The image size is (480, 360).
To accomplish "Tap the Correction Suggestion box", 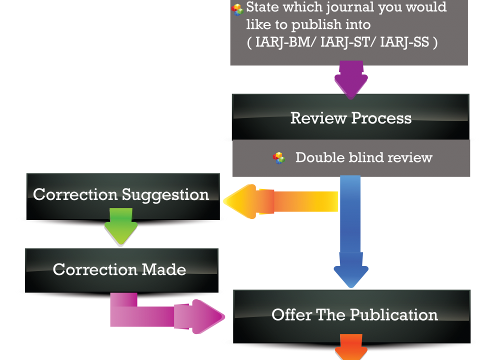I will pos(122,195).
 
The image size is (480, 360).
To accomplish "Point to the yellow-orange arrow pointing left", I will pos(280,201).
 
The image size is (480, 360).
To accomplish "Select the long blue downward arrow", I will pos(350,230).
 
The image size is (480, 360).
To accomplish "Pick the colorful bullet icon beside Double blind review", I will pos(278,158).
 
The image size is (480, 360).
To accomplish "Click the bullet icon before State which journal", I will pos(237,9).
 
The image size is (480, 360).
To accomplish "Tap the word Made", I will pos(164,270).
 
